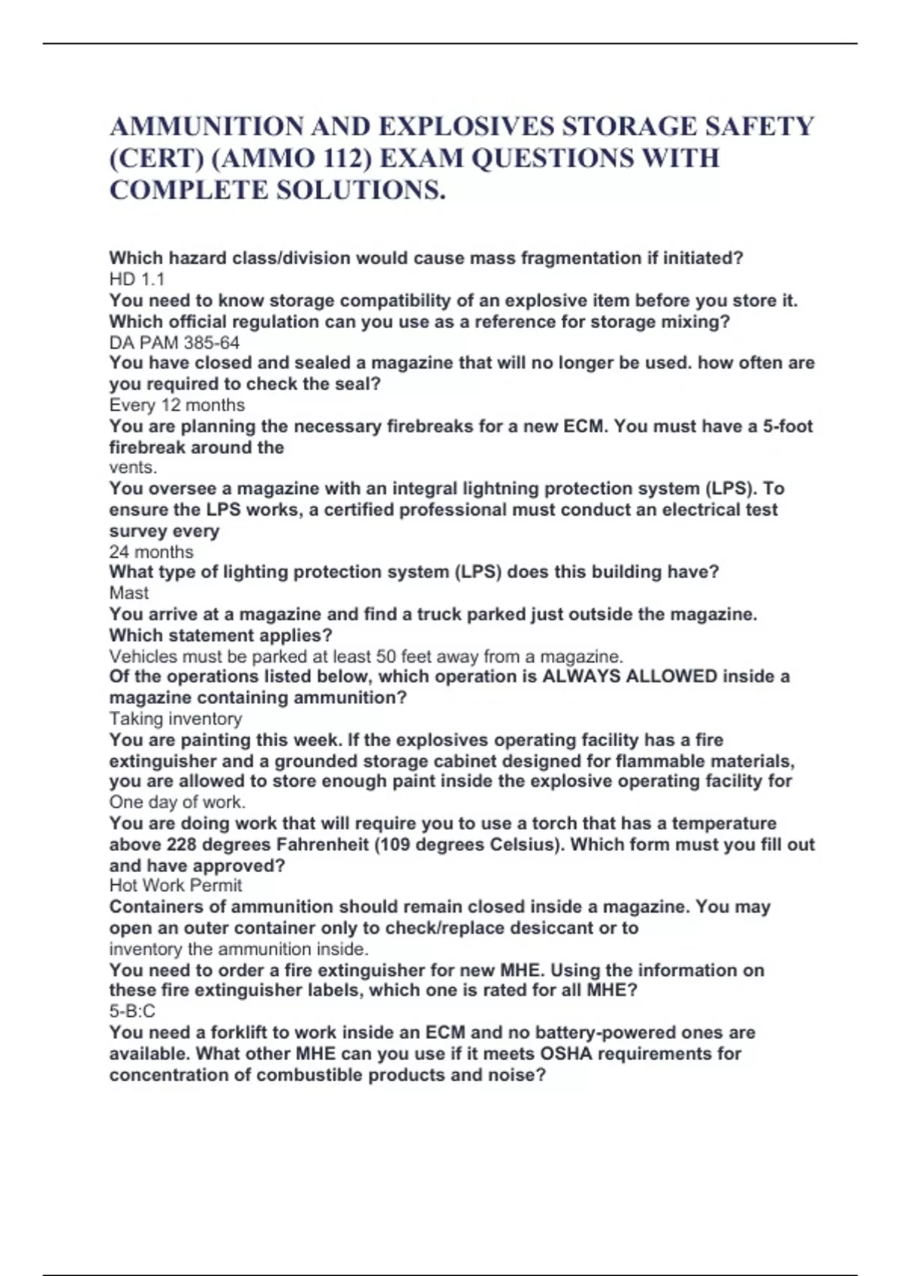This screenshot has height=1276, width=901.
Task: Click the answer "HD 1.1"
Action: (137, 279)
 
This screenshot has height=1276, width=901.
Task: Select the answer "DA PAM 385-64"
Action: (174, 343)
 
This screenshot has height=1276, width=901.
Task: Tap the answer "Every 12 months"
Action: (176, 405)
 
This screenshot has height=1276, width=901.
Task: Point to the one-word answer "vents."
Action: (133, 468)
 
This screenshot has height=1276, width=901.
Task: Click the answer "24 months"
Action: (151, 552)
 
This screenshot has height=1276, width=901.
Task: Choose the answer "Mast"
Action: (128, 593)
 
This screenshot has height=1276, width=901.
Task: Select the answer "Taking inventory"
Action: (175, 719)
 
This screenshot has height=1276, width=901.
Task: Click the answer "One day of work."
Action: (177, 802)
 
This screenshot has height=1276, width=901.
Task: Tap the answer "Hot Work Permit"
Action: (175, 886)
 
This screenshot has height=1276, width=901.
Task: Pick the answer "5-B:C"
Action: (132, 1011)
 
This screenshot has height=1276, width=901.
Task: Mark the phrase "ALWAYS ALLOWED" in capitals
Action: (629, 676)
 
